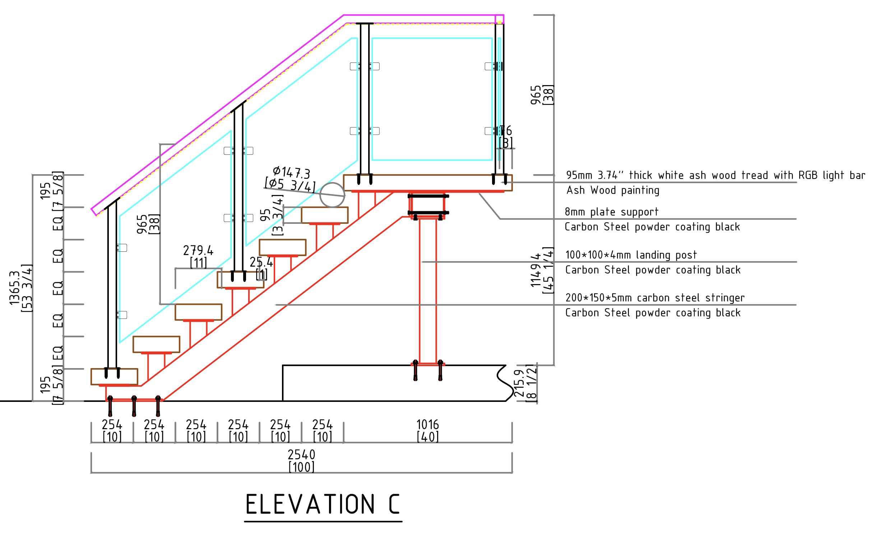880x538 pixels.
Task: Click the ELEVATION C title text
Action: click(x=322, y=504)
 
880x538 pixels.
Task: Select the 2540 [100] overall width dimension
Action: click(x=301, y=460)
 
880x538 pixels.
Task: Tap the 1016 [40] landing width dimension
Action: click(x=427, y=430)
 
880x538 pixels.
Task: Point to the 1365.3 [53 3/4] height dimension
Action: click(x=20, y=288)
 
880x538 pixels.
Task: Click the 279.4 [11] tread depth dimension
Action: click(x=198, y=256)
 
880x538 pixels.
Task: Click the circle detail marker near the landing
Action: click(x=332, y=195)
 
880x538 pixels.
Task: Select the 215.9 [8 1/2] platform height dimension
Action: click(x=525, y=383)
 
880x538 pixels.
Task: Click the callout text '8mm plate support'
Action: click(x=611, y=212)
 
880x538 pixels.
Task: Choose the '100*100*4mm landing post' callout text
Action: click(x=631, y=255)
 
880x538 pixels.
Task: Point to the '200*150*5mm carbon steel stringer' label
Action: click(x=655, y=298)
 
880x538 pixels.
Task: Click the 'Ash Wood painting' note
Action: click(x=613, y=190)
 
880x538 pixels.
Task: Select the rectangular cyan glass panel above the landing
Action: click(x=432, y=99)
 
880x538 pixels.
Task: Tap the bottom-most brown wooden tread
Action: click(x=114, y=376)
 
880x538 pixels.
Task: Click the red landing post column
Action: click(x=428, y=291)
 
